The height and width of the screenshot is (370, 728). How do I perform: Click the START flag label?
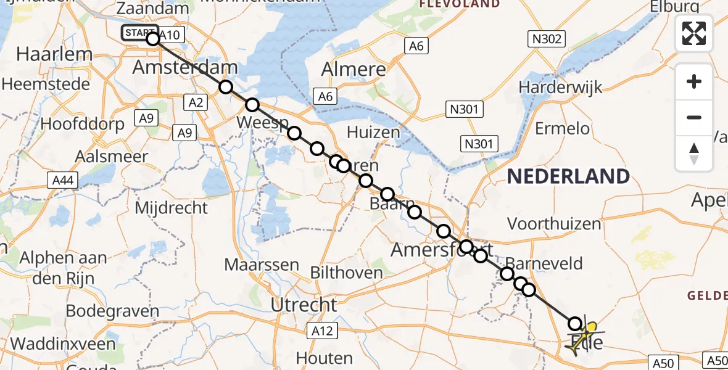click(x=139, y=33)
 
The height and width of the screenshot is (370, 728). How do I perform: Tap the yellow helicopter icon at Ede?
click(x=584, y=335)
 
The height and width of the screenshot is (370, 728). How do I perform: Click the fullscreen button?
click(x=694, y=33)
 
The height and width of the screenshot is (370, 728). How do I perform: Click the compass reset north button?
click(x=694, y=154)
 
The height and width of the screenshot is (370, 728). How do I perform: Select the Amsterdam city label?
click(x=185, y=67)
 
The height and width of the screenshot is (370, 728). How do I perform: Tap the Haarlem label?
click(x=54, y=54)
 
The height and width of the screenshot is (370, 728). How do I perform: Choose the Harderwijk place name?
click(x=560, y=87)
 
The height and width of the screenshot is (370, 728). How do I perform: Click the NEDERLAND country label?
click(x=568, y=176)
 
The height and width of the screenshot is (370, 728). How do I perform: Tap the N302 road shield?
click(x=547, y=39)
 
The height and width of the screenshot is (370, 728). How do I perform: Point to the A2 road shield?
click(x=196, y=103)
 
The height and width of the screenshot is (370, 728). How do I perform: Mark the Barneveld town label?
click(x=544, y=264)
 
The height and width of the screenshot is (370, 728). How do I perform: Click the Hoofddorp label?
click(x=82, y=123)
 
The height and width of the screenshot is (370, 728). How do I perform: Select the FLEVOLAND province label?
click(x=460, y=4)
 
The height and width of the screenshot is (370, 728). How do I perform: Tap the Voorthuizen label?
click(x=553, y=223)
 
